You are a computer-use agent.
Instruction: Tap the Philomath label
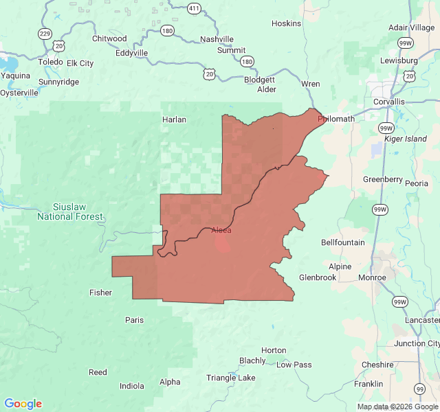[336, 119]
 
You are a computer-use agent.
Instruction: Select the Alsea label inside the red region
[221, 230]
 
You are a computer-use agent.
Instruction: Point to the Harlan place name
[174, 119]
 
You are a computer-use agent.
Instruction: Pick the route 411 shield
[195, 9]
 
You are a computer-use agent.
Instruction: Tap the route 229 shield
[45, 34]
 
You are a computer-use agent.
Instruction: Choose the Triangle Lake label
[230, 378]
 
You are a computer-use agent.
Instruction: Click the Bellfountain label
[343, 242]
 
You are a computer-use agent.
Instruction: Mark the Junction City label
[417, 343]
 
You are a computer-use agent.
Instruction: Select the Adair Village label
[411, 27]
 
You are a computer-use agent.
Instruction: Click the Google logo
[23, 404]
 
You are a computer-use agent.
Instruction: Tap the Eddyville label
[131, 53]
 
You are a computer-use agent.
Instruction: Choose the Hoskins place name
[286, 23]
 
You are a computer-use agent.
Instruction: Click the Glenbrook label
[318, 277]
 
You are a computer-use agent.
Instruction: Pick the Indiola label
[132, 386]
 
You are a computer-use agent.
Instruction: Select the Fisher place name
[100, 293]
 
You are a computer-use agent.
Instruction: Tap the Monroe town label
[372, 277]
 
